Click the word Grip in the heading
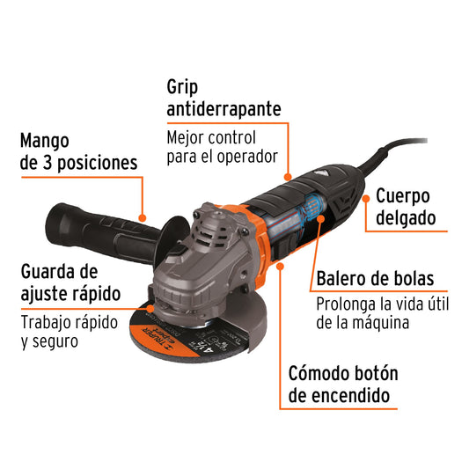click(x=186, y=87)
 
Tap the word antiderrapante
click(x=224, y=109)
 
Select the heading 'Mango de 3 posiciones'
click(x=78, y=151)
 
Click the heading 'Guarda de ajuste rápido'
click(x=70, y=282)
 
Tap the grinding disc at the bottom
click(x=167, y=339)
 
